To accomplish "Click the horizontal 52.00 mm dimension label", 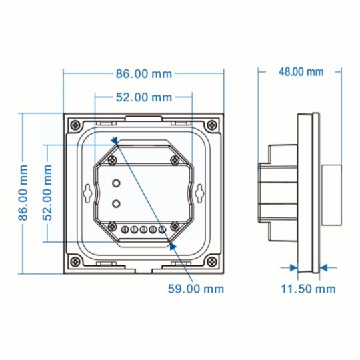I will click(144, 98).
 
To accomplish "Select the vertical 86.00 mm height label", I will click(23, 193).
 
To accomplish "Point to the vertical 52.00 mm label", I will click(47, 193).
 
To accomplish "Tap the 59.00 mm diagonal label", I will click(195, 289).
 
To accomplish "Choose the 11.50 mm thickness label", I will click(307, 289).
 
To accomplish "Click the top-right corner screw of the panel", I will click(212, 125).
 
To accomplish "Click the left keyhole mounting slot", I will click(88, 193).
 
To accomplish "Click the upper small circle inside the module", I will click(117, 183).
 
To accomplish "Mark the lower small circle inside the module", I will click(117, 203).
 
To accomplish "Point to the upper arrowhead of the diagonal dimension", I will click(115, 141).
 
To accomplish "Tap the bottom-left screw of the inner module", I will click(115, 227).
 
